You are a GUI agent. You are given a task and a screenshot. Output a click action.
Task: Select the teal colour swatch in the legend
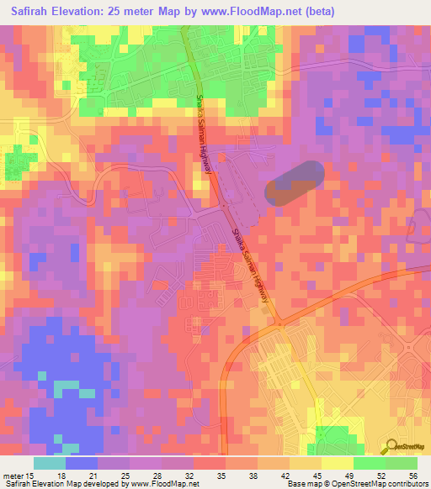tap(50, 463)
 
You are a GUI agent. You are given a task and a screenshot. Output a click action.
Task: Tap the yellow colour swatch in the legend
tap(337, 463)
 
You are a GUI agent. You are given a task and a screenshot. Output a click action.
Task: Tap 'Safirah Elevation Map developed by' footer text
tap(51, 484)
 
